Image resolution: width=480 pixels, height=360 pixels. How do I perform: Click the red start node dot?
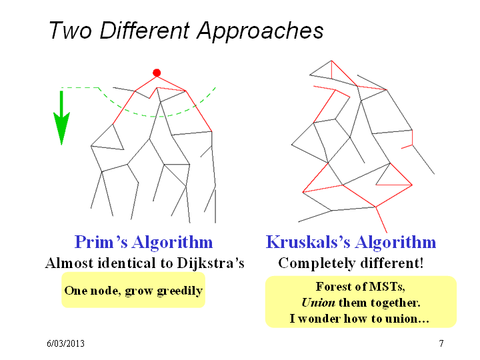(x=157, y=73)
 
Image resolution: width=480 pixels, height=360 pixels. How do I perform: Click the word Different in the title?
(x=145, y=31)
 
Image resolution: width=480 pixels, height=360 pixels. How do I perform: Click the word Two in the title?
(x=71, y=31)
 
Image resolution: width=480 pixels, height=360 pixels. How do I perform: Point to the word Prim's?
(x=101, y=242)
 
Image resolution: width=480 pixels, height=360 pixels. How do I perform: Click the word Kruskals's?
(x=308, y=242)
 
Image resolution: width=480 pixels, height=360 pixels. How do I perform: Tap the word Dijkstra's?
(x=211, y=263)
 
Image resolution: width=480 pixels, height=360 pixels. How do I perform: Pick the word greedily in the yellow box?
(x=180, y=291)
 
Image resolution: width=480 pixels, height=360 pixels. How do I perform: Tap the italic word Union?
(x=319, y=303)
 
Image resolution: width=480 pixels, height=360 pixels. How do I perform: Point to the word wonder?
(x=319, y=319)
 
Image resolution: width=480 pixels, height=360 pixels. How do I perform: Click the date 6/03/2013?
(x=65, y=343)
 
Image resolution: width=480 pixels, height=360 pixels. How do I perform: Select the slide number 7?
(x=441, y=343)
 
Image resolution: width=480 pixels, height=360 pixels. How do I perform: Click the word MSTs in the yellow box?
(x=387, y=287)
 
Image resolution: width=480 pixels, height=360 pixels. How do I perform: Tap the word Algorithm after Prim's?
(x=173, y=243)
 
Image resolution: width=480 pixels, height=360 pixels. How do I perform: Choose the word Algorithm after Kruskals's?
(x=395, y=243)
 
